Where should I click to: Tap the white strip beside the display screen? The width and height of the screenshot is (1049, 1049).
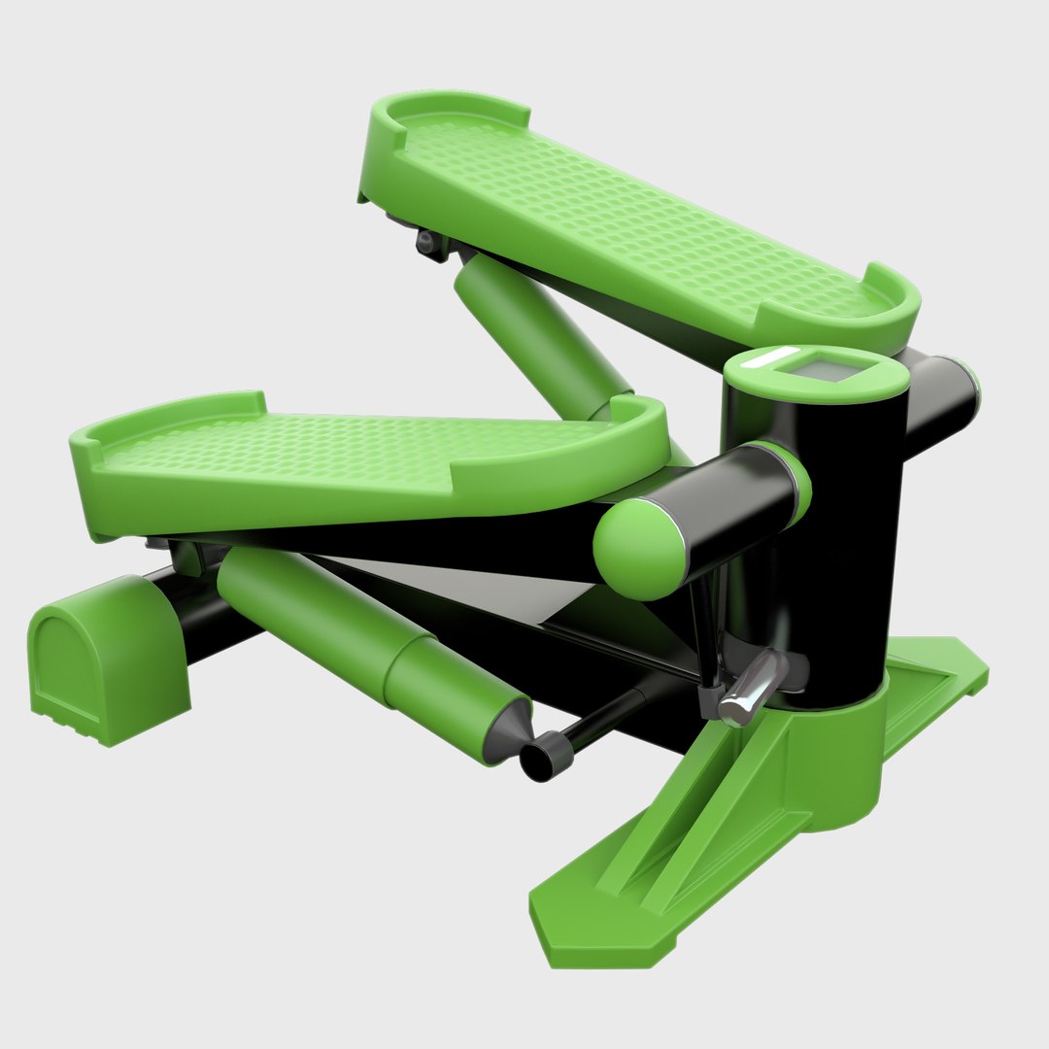(772, 358)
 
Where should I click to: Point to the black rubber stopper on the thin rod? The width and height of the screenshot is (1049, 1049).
(540, 755)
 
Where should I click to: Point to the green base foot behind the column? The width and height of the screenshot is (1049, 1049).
(932, 680)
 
